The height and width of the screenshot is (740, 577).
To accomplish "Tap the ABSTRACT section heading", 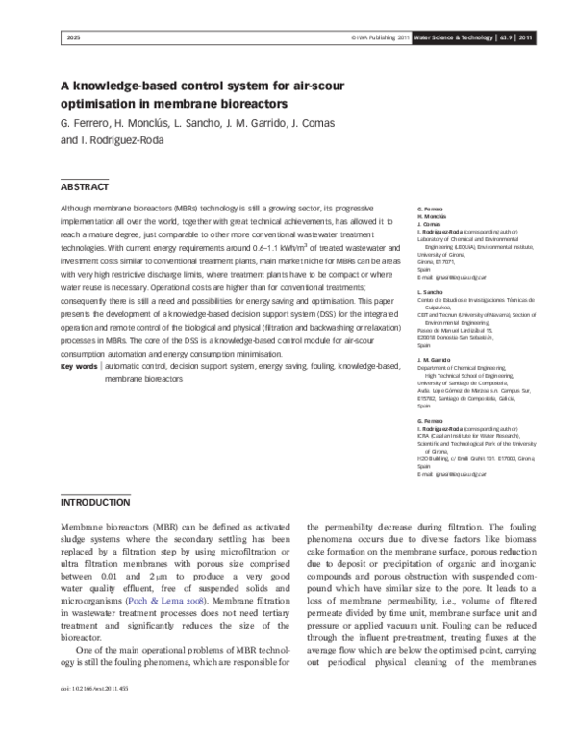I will coord(85,187).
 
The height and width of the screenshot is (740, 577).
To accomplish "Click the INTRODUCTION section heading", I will coord(95,502).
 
